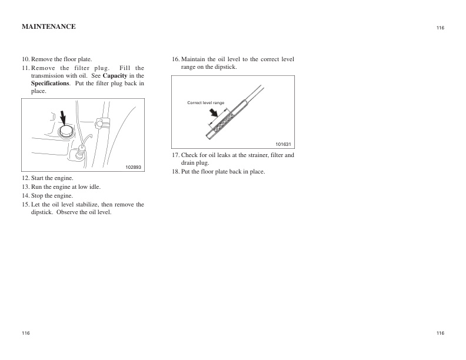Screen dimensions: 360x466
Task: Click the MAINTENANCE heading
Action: tap(48, 26)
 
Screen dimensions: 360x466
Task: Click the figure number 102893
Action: tap(134, 168)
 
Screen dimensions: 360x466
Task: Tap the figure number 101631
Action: tap(284, 144)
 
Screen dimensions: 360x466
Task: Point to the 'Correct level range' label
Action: tap(205, 103)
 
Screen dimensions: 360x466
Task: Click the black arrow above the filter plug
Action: tap(63, 115)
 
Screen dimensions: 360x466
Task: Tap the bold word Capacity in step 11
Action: tap(115, 76)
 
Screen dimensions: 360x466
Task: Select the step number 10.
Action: tap(26, 60)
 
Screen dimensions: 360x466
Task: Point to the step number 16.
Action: tap(175, 60)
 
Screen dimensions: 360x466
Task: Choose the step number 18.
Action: tap(175, 172)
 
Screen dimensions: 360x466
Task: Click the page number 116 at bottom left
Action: tap(26, 334)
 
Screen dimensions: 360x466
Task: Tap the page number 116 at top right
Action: tap(440, 28)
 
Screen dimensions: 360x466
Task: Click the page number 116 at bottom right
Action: tap(440, 334)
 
